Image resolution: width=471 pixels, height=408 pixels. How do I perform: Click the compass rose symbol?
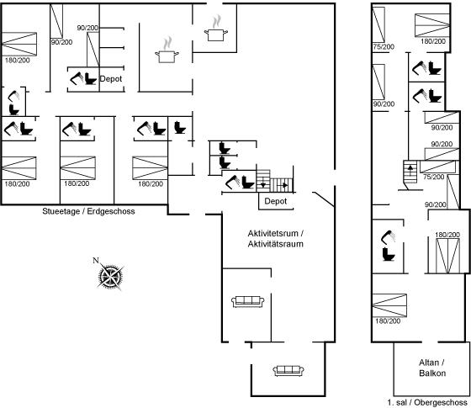point(110,276)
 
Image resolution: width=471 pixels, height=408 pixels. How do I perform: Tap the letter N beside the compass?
point(96,260)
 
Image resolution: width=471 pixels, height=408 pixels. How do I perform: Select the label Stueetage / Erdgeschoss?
point(88,211)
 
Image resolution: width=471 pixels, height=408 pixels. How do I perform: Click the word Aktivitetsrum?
point(273,233)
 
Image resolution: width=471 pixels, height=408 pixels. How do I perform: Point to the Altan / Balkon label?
point(432,368)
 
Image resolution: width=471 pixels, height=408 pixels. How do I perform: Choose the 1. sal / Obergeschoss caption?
point(427,402)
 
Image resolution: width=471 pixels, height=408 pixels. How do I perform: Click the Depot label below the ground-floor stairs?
point(276,201)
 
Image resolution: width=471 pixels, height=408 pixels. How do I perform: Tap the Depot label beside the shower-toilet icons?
point(111,79)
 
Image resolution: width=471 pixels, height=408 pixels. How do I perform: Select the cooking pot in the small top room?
point(215,29)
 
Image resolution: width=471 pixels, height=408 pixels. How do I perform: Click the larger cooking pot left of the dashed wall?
point(167,50)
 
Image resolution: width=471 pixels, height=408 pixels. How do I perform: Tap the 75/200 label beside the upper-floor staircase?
point(433,177)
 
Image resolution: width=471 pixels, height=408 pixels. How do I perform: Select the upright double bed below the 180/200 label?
point(447,256)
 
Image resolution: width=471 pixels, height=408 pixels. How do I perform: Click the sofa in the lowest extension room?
point(288,371)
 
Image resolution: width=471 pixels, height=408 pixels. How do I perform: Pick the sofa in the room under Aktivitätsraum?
point(248,302)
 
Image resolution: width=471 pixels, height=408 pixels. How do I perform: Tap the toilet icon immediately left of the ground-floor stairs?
point(248,182)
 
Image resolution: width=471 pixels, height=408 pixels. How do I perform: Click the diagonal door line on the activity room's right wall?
point(323,199)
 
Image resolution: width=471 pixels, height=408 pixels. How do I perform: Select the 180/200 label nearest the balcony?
point(388,321)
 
